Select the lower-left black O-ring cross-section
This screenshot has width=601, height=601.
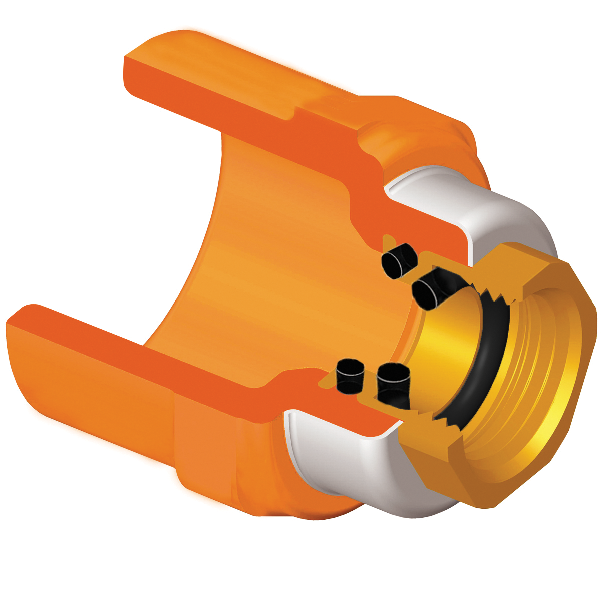tap(349, 375)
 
